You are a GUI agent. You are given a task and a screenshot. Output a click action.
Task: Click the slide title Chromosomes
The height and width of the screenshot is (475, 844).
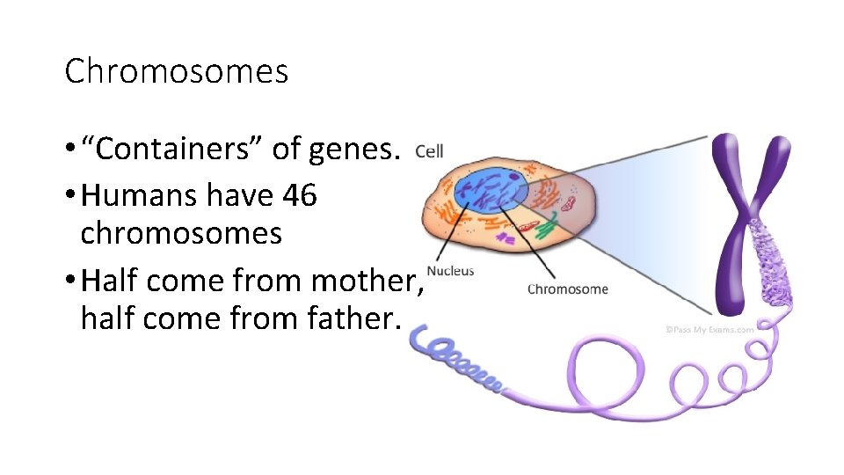coord(176,71)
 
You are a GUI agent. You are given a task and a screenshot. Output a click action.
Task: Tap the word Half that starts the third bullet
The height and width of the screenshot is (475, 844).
coord(109,281)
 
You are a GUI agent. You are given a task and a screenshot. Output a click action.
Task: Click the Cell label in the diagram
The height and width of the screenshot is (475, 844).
coord(429,151)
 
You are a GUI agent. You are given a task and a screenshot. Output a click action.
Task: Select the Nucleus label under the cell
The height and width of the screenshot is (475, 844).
coord(450,271)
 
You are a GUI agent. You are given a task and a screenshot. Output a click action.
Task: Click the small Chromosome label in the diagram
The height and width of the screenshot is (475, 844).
coord(567,289)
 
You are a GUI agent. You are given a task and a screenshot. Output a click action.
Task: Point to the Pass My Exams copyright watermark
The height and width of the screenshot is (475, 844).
coord(709,330)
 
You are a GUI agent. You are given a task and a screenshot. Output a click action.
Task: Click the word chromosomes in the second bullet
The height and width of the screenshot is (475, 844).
coord(181,233)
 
